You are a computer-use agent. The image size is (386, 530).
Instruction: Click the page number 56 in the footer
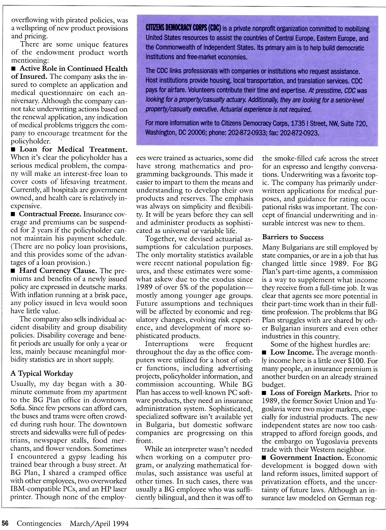(6, 523)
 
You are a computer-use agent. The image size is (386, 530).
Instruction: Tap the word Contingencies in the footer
(39, 523)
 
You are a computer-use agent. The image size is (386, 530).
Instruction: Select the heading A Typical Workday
(42, 374)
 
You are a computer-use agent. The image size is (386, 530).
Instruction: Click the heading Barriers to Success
(293, 237)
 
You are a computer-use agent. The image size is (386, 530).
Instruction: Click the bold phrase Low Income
(292, 352)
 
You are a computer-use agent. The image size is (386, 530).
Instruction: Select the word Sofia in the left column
(17, 408)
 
